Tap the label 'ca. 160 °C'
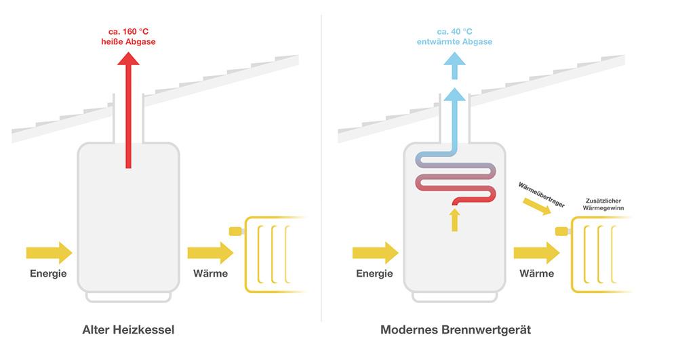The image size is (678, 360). point(128,31)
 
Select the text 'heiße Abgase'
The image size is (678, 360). point(128,42)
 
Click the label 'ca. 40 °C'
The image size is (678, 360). point(455,31)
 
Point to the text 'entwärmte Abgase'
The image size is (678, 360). point(455,42)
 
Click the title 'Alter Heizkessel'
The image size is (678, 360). point(129,330)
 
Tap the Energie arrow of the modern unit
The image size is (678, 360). point(375,253)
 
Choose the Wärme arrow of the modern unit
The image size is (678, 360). point(536,253)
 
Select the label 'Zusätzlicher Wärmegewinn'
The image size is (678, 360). point(605,205)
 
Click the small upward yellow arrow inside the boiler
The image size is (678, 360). point(455,220)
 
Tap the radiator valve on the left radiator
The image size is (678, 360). point(236,231)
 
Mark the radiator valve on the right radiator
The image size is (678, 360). point(562,231)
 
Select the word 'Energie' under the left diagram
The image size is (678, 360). point(49,274)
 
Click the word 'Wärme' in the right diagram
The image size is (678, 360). point(536,274)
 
